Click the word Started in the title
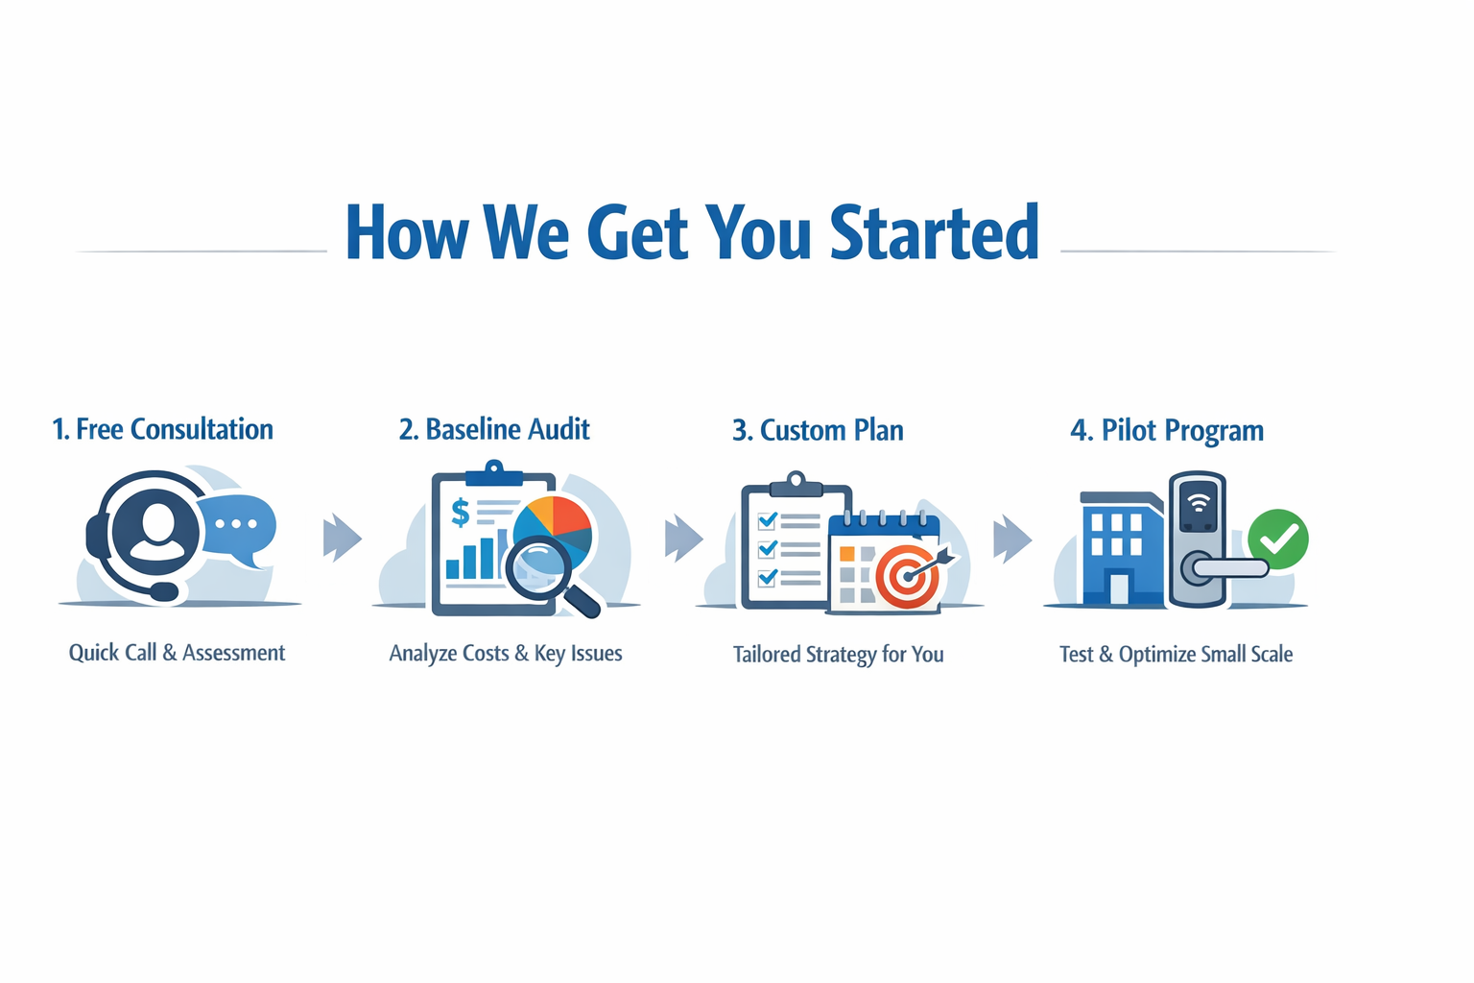coord(934,232)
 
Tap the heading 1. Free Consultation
coord(162,429)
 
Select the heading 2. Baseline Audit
coord(494,429)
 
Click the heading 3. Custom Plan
coord(818,430)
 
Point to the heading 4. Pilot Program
coord(1167,430)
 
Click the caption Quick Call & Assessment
coord(177,653)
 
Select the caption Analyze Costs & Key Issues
coord(506,654)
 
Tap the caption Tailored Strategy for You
coord(838,655)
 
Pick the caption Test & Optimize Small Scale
coord(1176,655)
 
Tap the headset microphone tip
coord(164,591)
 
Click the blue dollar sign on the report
coord(461,513)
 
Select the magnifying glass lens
coord(539,565)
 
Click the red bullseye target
coord(905,576)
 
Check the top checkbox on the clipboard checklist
coord(767,521)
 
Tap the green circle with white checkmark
coord(1278,539)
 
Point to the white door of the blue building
coord(1119,587)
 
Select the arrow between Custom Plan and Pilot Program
coord(1011,538)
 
